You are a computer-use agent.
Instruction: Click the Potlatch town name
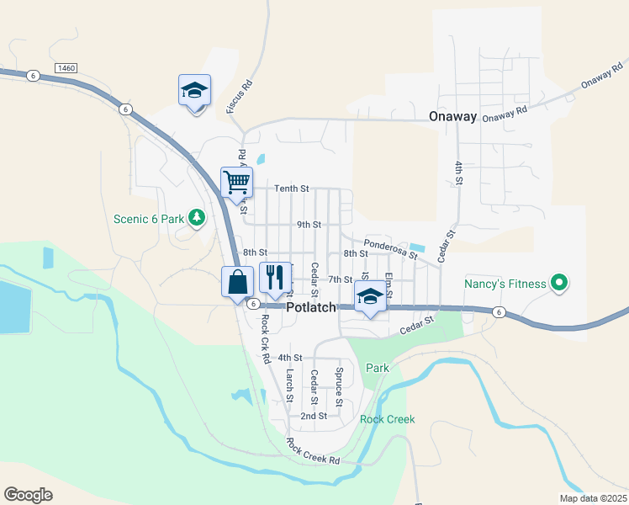tap(311, 308)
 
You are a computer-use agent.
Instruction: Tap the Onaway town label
tap(452, 117)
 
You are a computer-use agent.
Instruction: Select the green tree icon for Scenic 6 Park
tap(197, 219)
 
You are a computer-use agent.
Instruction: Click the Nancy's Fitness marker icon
tap(557, 283)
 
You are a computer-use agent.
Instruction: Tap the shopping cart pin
tap(237, 182)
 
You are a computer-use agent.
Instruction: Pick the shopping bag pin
tap(237, 282)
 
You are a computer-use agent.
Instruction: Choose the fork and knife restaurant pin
tap(275, 278)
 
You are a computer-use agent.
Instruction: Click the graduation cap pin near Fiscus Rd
tap(194, 90)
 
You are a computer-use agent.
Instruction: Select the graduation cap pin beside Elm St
tap(369, 297)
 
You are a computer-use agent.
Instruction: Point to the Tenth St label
tap(292, 189)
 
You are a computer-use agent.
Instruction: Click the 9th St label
tap(309, 225)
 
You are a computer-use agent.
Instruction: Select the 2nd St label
tap(313, 416)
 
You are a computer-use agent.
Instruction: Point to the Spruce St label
tap(339, 386)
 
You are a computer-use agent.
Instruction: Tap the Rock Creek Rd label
tap(312, 452)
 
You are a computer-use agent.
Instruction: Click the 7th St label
tap(340, 279)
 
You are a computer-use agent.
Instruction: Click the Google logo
tap(29, 494)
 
